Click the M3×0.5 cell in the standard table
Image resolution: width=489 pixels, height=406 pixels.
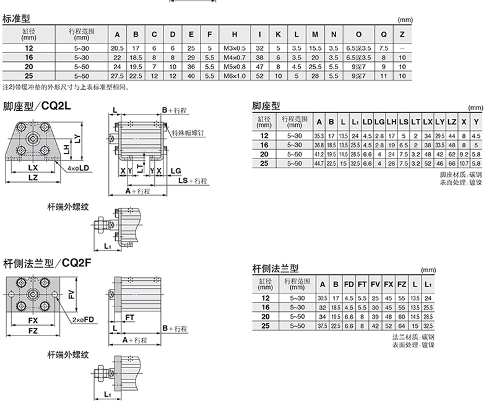tap(235, 48)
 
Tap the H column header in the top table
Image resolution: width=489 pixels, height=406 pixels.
tap(235, 33)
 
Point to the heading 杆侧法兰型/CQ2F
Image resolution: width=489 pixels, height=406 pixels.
tap(47, 262)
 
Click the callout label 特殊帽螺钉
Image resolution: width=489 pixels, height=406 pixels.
tap(189, 132)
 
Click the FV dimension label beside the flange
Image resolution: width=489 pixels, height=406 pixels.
tap(72, 295)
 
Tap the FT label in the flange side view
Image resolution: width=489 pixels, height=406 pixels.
tap(130, 317)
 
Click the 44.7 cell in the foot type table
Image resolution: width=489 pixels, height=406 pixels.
tap(319, 163)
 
